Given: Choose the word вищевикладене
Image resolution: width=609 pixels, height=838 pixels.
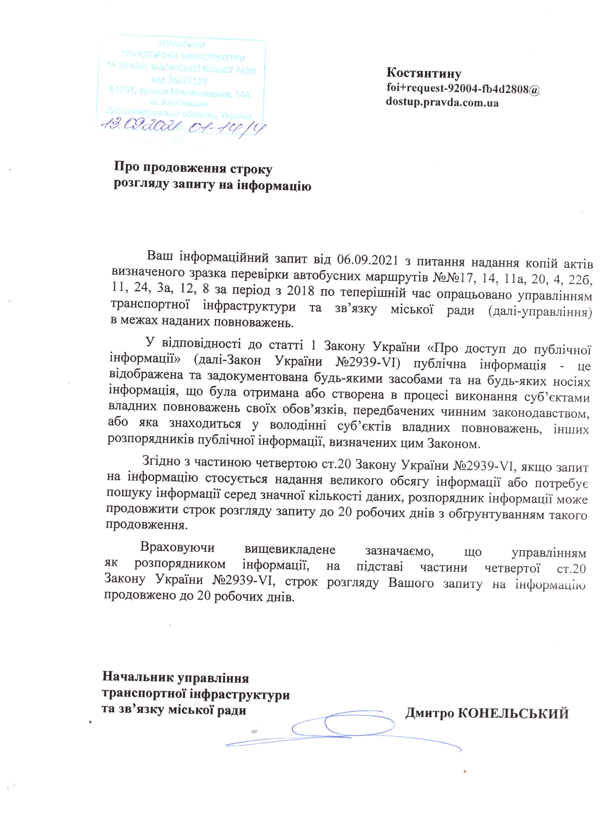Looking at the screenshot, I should [290, 549].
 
